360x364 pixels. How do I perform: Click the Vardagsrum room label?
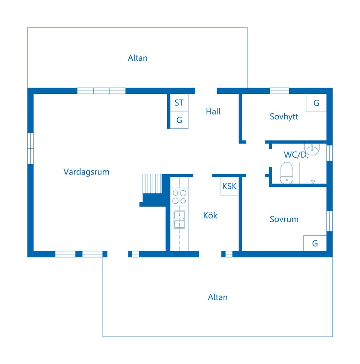click(86, 172)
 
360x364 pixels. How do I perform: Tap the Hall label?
click(213, 111)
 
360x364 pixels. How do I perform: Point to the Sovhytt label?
click(284, 117)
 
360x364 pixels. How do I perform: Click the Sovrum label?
click(284, 219)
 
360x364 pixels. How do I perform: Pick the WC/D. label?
click(296, 155)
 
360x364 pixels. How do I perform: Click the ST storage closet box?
click(179, 102)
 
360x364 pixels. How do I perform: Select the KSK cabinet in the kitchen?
click(229, 186)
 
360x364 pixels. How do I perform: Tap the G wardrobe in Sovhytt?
click(316, 103)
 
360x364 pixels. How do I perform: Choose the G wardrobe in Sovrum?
click(315, 243)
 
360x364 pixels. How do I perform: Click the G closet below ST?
click(179, 120)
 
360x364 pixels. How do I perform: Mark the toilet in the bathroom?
click(286, 173)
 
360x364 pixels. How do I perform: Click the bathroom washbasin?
click(312, 149)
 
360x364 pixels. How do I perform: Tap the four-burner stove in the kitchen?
click(179, 197)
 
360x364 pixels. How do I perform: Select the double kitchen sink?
click(179, 220)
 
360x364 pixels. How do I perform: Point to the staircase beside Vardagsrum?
click(152, 184)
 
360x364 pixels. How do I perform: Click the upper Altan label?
click(138, 58)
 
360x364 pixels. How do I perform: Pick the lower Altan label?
click(217, 297)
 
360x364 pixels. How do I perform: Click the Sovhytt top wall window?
click(279, 91)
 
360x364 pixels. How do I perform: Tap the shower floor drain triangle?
click(313, 182)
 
